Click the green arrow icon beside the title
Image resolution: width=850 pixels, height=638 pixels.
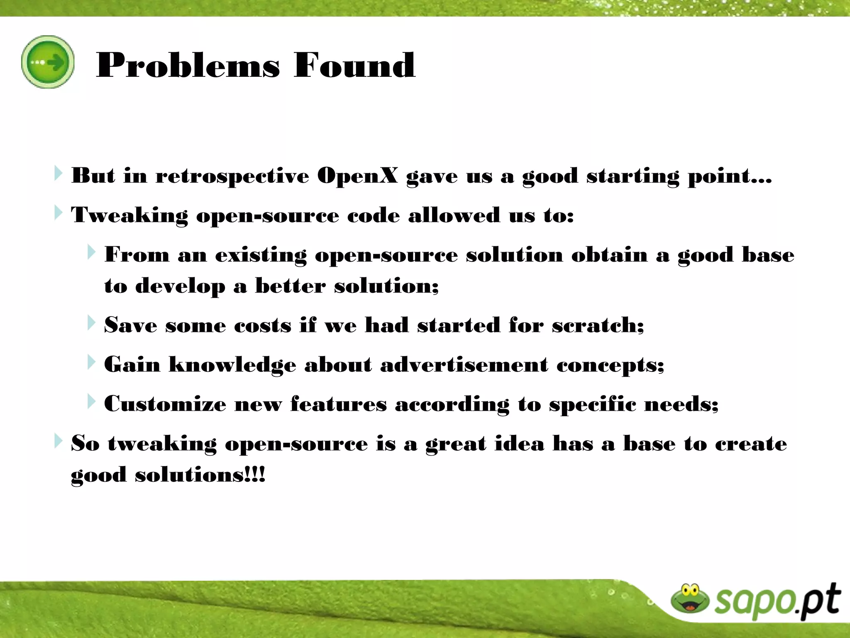point(48,62)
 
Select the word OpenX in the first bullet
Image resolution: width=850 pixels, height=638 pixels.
point(357,176)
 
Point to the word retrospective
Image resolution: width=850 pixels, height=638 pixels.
point(232,177)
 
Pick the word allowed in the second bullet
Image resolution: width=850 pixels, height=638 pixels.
point(454,215)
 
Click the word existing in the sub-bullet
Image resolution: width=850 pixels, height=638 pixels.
point(261,255)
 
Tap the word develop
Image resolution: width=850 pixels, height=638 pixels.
point(180,287)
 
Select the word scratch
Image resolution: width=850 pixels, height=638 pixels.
point(598,325)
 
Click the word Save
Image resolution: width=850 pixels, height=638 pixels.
point(130,325)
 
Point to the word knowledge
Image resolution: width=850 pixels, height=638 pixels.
point(232,365)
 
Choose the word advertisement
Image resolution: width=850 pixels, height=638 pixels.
point(464,364)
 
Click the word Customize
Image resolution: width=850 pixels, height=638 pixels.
point(165,404)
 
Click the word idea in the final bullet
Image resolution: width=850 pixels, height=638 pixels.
point(519,443)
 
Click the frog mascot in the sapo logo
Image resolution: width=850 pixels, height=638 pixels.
point(690,599)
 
